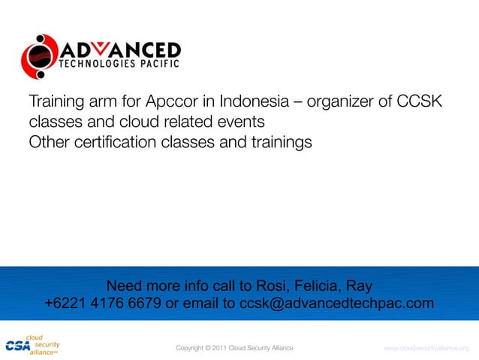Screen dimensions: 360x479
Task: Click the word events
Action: point(239,121)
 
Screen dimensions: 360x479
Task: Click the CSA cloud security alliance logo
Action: point(32,344)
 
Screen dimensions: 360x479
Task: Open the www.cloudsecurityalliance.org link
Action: point(425,348)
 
